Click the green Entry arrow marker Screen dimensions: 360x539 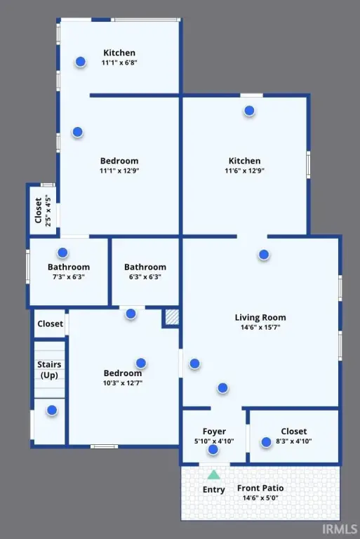213,474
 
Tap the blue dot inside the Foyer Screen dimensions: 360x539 213,449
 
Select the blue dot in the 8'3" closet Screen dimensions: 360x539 266,442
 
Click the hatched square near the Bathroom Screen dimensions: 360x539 172,317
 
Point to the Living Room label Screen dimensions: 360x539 260,317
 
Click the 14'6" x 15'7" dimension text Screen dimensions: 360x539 260,327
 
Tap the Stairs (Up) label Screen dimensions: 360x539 49,370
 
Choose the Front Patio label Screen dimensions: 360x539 260,488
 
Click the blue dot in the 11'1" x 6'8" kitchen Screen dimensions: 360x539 81,62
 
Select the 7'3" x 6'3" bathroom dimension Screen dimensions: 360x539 69,277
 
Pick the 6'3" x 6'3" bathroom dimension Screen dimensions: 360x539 145,277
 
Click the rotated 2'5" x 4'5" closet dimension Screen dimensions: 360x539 48,211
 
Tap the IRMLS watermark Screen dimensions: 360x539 340,528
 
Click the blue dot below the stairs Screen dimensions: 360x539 52,410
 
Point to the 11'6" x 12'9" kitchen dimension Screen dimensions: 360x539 244,171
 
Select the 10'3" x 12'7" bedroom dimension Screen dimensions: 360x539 123,383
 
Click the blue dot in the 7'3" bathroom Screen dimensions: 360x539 62,253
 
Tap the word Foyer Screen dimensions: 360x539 214,432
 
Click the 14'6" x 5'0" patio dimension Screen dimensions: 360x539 260,498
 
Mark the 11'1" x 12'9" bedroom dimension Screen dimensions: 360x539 119,171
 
